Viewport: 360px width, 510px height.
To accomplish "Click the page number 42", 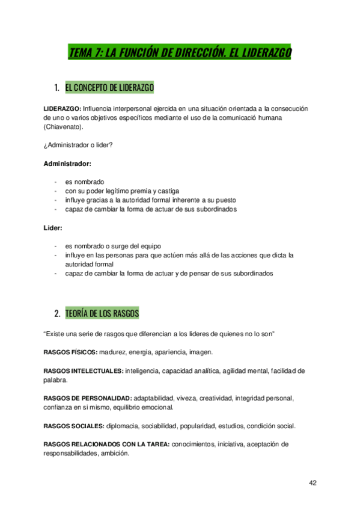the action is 313,482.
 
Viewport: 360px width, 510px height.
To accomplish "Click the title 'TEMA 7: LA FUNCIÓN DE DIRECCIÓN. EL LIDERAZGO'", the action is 180,54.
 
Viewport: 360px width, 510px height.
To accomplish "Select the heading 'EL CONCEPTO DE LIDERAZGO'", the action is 109,88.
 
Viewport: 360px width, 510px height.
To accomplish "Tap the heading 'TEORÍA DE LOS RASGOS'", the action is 102,313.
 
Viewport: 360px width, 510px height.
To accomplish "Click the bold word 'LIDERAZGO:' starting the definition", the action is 62,108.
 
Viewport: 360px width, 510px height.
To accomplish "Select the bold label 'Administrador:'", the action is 67,163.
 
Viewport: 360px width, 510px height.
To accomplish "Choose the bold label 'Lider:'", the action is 53,228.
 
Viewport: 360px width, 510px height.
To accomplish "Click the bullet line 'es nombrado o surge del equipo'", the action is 114,246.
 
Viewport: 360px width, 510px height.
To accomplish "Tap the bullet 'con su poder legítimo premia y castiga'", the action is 118,191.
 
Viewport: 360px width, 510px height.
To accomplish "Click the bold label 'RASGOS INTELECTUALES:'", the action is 84,370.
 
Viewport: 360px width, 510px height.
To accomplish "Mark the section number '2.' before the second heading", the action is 56,313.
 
